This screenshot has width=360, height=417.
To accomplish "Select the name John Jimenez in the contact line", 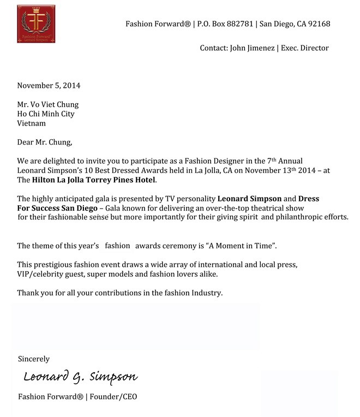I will (253, 48).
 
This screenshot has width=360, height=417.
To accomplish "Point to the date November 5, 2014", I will (49, 86).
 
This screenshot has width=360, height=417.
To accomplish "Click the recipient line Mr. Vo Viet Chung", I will (48, 105).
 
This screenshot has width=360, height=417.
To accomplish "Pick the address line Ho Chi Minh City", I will (46, 114).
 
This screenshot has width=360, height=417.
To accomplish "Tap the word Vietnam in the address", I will (32, 123).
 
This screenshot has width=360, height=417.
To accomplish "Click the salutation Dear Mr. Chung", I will (44, 143).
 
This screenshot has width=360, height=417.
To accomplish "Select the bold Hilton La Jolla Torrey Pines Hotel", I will (94, 180).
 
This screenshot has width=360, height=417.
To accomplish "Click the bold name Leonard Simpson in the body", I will (250, 199).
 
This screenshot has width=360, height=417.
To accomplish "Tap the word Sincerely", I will (34, 359).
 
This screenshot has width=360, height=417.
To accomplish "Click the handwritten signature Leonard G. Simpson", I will (80, 377).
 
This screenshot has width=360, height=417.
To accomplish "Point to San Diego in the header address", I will (279, 24).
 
